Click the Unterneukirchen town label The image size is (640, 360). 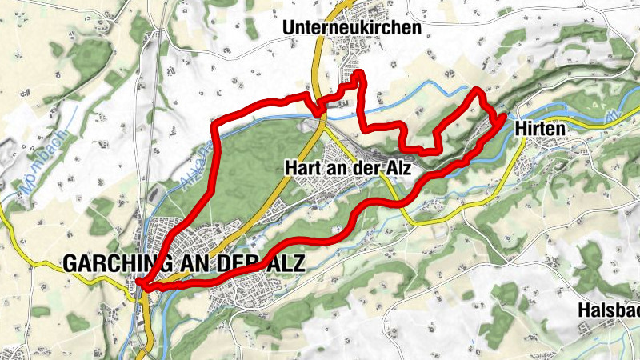pos(351,28)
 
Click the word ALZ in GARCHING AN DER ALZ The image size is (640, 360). pos(287,262)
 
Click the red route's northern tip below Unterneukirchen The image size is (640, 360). pos(358,74)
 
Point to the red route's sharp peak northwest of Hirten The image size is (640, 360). pos(478,90)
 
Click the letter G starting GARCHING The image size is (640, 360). pos(70,262)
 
